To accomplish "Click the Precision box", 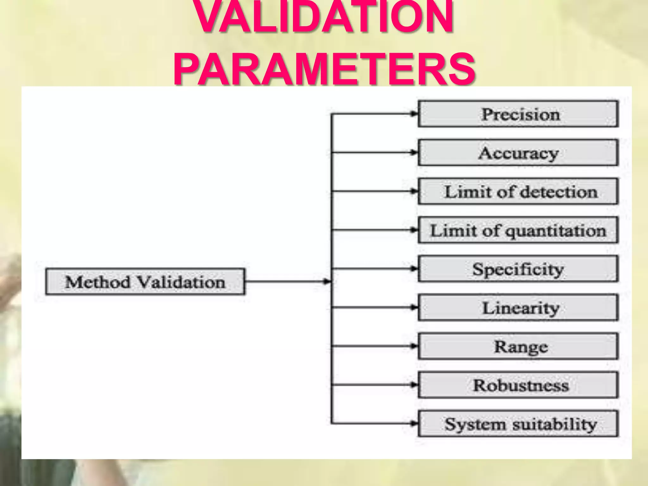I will click(518, 114).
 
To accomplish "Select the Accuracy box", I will click(518, 153).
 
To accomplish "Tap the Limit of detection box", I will click(518, 191).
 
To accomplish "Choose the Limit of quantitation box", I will click(518, 230).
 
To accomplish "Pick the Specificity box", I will click(518, 269).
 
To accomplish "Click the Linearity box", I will click(518, 308).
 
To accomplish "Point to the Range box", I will click(518, 346).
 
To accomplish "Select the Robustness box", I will click(518, 385).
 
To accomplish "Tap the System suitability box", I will click(518, 424).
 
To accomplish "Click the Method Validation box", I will click(145, 282).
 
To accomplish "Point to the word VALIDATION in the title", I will click(324, 17).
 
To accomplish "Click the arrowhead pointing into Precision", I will click(414, 114).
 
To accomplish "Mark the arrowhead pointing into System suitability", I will click(414, 423).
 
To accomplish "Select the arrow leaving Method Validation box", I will click(286, 281).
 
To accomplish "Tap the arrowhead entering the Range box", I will click(414, 346).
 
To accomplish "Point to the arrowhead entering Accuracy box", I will click(414, 153).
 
